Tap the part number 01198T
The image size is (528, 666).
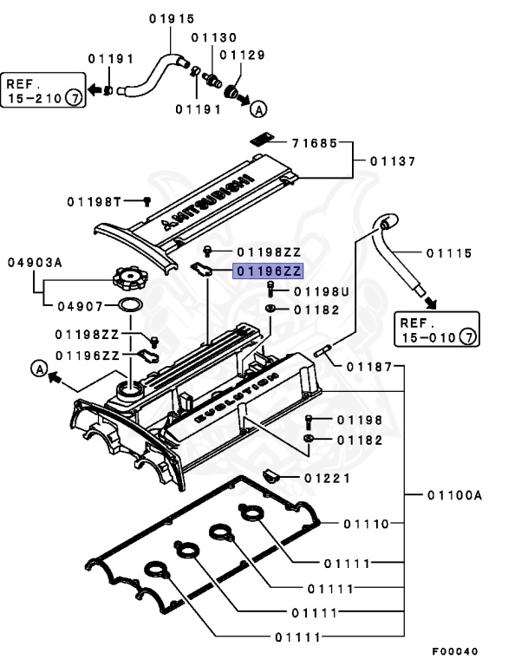coord(93,201)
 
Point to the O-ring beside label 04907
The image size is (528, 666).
coord(129,306)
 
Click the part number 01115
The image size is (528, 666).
coord(448,253)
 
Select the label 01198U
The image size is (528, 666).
coord(321,291)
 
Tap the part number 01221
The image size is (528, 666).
coord(326,478)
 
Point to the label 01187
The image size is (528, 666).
coord(370,366)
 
